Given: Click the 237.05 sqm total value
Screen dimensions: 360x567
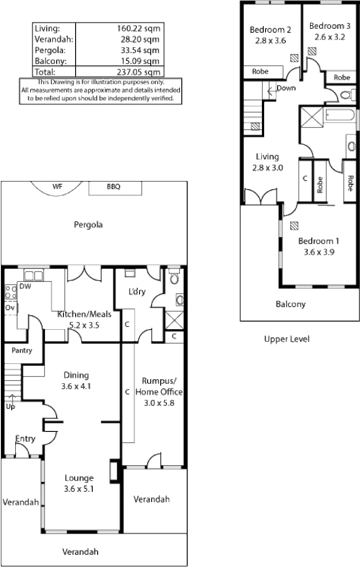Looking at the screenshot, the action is [139, 72].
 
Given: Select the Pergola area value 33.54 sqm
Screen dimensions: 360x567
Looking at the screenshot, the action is [140, 50].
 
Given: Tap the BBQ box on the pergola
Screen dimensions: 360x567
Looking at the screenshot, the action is [115, 188].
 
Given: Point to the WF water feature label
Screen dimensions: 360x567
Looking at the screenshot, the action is [57, 186].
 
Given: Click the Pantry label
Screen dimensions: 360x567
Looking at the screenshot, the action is [22, 350].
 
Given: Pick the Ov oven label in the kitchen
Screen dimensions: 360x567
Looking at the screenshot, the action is [10, 308].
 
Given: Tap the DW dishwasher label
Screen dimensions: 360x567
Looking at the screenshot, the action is [25, 286].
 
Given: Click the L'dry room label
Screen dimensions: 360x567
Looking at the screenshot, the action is [137, 291].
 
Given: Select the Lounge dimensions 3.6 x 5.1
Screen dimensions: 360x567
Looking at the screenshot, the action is [79, 489].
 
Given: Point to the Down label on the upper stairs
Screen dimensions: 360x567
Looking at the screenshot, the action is [286, 88].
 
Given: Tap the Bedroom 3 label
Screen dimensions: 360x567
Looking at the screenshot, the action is [330, 26].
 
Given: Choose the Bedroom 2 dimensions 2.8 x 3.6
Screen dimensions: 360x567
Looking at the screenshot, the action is [270, 41].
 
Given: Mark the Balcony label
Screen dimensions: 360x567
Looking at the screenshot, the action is [291, 304].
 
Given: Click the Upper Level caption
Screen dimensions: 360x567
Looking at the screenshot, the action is [287, 339].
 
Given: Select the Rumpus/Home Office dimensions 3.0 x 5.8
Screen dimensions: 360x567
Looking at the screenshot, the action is [159, 403].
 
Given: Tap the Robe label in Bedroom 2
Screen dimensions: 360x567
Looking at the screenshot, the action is [260, 71].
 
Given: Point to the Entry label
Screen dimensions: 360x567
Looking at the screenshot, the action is [25, 439].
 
